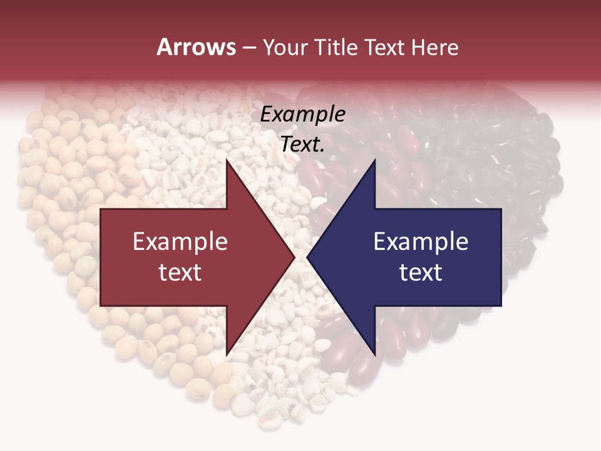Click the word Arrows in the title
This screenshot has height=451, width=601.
coord(196,47)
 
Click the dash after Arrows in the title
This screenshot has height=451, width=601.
coord(249,48)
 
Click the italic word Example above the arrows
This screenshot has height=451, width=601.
coord(302,115)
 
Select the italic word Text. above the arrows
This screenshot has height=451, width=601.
coord(302,145)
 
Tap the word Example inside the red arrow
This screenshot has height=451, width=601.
coord(180,242)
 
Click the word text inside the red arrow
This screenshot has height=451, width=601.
coord(180,272)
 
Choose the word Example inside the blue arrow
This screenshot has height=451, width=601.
coord(421,242)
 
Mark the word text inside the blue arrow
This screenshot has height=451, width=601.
coord(421,272)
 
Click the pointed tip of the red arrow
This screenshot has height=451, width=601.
coord(294,257)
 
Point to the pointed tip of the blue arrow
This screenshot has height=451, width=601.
coord(307,257)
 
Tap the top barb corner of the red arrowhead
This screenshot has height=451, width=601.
coord(227,160)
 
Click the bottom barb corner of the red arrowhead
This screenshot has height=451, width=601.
coord(227,355)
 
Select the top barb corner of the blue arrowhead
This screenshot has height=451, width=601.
coord(375,160)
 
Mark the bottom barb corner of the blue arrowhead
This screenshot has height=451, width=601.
coord(375,355)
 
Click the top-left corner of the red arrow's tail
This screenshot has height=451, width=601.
coord(101,209)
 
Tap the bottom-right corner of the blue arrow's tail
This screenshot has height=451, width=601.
coord(501,306)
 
